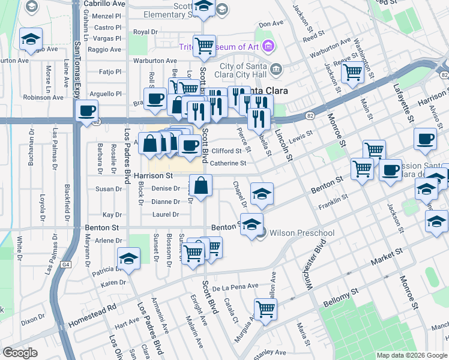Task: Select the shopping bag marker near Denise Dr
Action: [x=202, y=185]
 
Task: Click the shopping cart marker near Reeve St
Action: [x=352, y=73]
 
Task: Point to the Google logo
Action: [x=20, y=353]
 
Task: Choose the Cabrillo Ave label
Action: [x=104, y=4]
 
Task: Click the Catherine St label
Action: [x=228, y=163]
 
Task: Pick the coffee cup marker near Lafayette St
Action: [x=426, y=139]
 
